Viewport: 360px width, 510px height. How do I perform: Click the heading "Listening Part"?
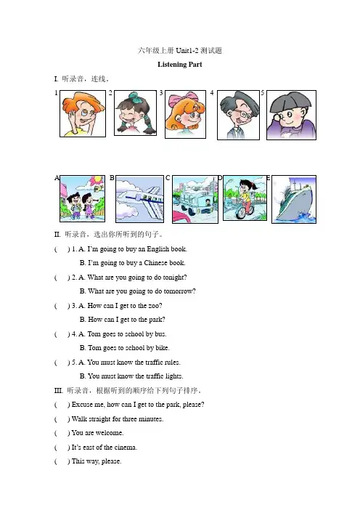[x=180, y=65]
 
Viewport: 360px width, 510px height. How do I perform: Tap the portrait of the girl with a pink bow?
[x=185, y=115]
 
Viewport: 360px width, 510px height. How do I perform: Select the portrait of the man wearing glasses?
[x=238, y=115]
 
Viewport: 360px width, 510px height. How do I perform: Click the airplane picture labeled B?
[x=139, y=199]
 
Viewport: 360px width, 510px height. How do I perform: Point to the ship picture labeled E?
[x=294, y=199]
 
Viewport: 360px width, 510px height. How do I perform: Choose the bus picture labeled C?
[x=195, y=199]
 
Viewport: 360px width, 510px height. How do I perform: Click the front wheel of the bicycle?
[x=240, y=212]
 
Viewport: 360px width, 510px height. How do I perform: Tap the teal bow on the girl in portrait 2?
[x=134, y=97]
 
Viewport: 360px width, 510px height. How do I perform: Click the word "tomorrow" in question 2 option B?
[x=178, y=291]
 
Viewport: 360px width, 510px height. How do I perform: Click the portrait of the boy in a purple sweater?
[x=291, y=115]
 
